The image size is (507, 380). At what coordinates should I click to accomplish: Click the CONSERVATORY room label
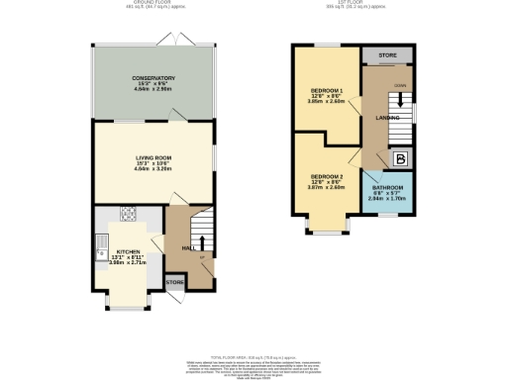coord(153,77)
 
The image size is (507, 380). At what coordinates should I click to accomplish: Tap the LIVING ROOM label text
coord(153,156)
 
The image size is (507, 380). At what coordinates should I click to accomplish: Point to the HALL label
coord(188,247)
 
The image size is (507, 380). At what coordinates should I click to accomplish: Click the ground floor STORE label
coord(174,283)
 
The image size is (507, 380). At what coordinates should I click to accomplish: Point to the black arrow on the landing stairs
coord(400,101)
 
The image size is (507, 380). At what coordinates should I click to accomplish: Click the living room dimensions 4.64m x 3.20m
coord(153,168)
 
